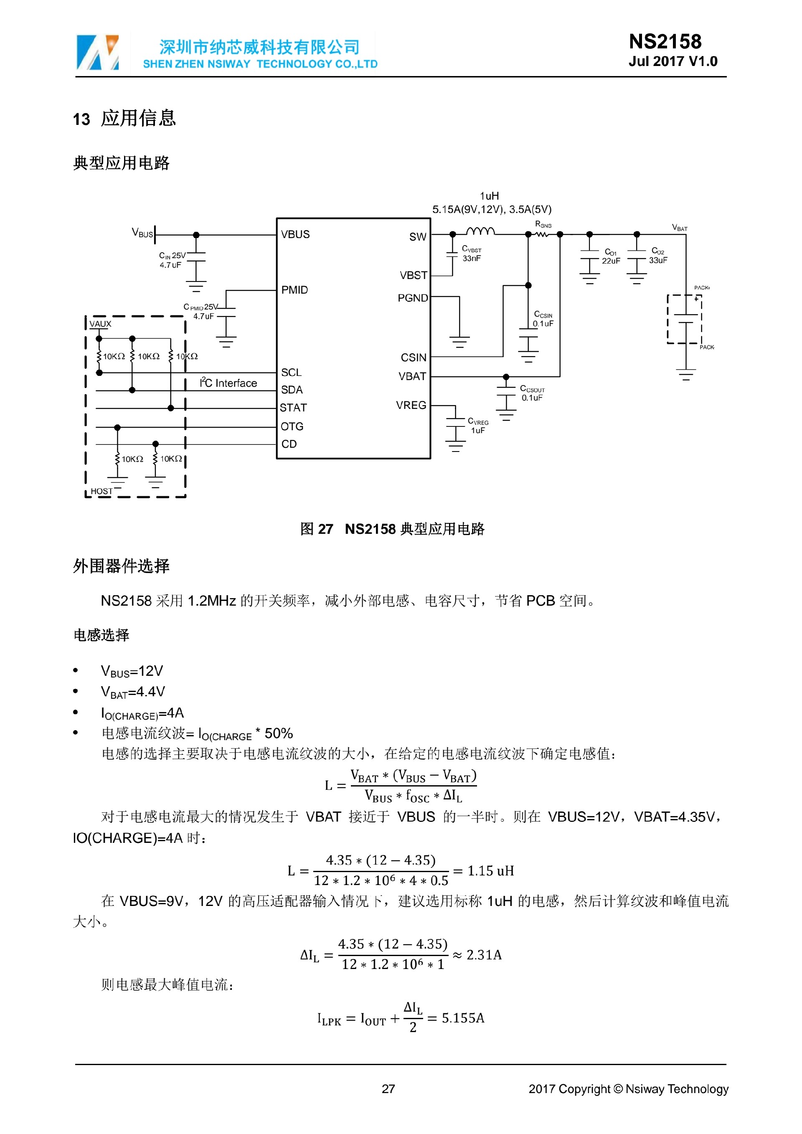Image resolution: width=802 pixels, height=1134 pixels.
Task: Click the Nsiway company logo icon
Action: click(x=98, y=52)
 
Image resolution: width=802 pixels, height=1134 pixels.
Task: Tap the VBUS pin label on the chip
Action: click(x=295, y=235)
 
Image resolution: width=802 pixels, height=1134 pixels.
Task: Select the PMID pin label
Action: click(x=294, y=290)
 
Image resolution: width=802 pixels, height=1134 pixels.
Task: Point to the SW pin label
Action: click(x=417, y=237)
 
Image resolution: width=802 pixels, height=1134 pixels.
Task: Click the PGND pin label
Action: click(x=412, y=298)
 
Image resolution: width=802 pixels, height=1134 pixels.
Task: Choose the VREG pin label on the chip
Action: click(x=411, y=406)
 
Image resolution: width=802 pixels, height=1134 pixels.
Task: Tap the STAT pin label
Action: click(x=293, y=408)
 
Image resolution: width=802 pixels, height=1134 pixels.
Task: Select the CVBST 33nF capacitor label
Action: click(x=472, y=254)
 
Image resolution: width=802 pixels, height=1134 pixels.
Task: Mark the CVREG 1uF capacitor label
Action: click(x=478, y=426)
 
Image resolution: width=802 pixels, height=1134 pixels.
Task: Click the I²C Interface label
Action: click(x=228, y=383)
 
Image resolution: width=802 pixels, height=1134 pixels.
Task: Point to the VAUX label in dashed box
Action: click(x=100, y=324)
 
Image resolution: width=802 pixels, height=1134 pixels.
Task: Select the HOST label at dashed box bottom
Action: click(x=101, y=492)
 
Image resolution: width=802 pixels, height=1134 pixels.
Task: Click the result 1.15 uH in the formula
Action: click(x=490, y=871)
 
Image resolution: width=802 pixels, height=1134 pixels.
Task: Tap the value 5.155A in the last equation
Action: click(x=463, y=1018)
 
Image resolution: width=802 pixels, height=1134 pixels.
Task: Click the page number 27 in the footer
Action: click(x=388, y=1089)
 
